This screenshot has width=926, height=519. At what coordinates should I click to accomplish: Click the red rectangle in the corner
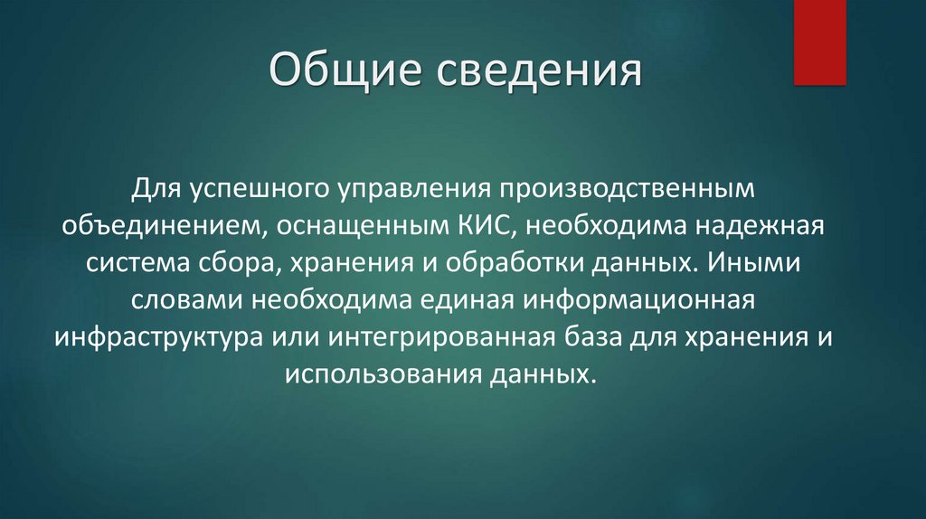tap(819, 42)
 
